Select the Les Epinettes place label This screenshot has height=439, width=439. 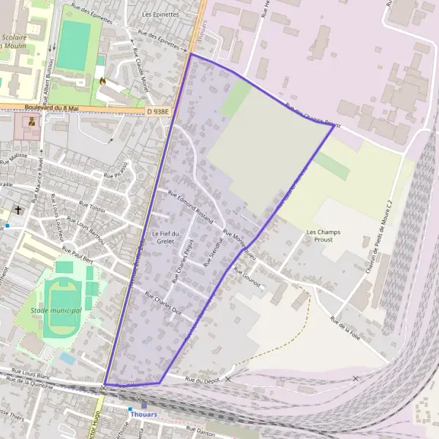point(161,14)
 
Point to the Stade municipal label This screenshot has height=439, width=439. point(56,311)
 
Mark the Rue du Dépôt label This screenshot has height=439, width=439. point(203,380)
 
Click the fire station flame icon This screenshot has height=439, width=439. point(102,80)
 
